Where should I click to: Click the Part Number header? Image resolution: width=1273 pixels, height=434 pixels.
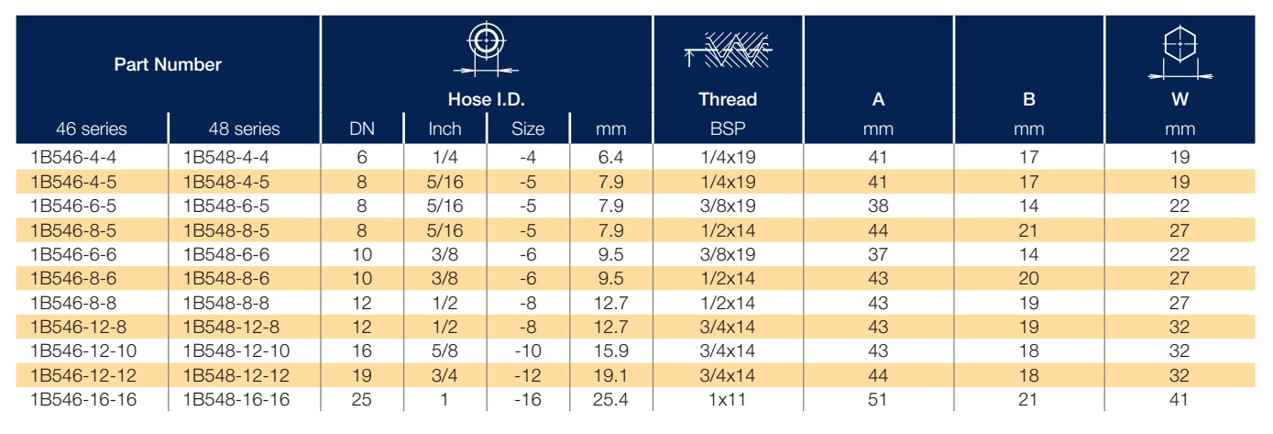(168, 64)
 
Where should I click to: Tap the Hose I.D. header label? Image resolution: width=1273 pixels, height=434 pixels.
(486, 99)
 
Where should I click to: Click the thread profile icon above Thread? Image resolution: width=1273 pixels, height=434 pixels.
(728, 50)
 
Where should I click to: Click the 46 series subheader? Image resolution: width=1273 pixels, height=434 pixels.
(91, 128)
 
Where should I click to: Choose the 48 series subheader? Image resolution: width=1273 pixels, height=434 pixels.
(244, 128)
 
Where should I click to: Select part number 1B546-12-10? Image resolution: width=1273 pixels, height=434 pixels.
(83, 351)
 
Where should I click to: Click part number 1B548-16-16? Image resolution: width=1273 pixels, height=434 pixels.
(236, 399)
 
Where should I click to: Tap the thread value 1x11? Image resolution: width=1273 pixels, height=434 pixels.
(727, 399)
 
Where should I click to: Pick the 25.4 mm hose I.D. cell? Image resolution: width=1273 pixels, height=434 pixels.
(610, 399)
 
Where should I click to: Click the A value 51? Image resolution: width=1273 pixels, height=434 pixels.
(877, 399)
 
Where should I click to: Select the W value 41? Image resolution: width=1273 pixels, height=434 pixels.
(1180, 399)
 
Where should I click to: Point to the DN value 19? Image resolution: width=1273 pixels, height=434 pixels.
(361, 375)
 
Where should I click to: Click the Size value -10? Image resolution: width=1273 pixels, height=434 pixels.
(527, 351)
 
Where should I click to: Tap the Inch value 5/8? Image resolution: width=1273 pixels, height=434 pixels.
(444, 351)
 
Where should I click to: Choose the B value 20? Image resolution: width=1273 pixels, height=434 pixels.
(1028, 278)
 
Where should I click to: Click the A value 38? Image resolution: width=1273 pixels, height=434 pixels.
(878, 206)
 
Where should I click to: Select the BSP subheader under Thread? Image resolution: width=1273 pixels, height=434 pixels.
(728, 128)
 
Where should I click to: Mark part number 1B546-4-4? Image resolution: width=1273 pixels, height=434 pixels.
(73, 157)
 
